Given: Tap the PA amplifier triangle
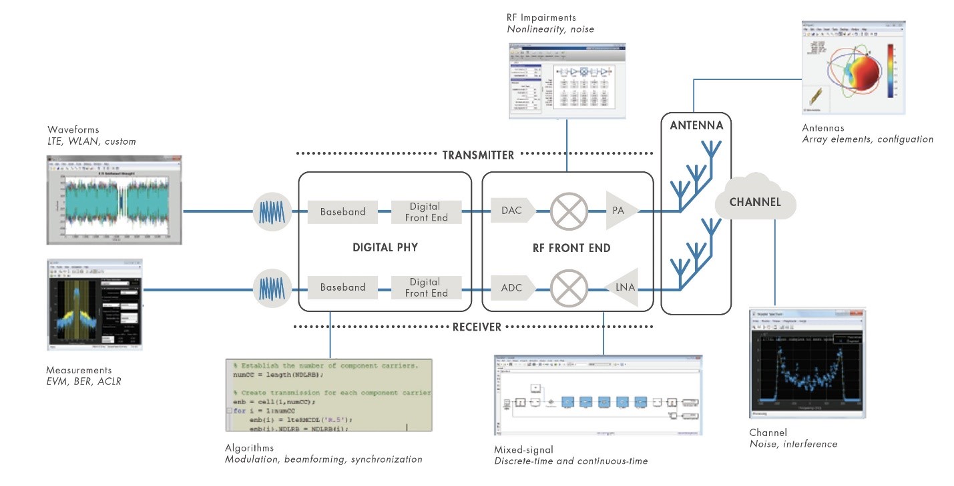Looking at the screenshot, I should click(620, 211).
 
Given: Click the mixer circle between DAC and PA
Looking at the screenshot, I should click(568, 211).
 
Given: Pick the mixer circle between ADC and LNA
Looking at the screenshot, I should click(568, 287).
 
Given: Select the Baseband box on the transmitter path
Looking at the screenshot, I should click(342, 211).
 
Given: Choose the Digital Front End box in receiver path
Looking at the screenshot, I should click(426, 287).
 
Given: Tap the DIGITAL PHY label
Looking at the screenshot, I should click(385, 247).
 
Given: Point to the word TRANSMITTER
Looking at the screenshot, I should click(478, 155).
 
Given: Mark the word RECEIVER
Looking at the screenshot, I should click(477, 327).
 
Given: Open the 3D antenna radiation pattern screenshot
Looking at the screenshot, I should click(853, 67).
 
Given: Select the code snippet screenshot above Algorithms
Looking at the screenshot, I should click(328, 395).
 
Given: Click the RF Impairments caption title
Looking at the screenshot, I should click(541, 17).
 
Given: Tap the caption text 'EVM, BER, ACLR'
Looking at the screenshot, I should click(83, 381).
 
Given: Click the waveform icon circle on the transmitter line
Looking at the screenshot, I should click(272, 211).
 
